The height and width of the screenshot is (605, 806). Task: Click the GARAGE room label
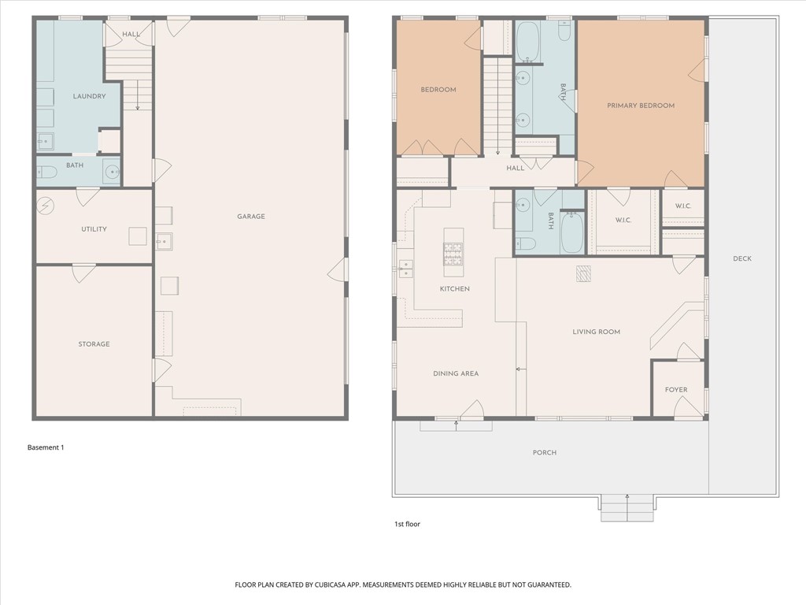tap(252, 217)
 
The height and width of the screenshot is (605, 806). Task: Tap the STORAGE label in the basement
tap(94, 344)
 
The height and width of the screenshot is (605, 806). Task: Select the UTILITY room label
tap(94, 229)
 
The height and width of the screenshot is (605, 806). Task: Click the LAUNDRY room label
tap(89, 97)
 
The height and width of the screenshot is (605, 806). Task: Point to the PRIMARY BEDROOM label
tap(640, 106)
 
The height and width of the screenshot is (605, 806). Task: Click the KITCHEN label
tap(454, 289)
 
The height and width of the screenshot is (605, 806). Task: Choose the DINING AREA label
tap(455, 373)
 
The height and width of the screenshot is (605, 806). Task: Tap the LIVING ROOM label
tap(596, 332)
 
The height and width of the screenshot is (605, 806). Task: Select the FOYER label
tap(676, 389)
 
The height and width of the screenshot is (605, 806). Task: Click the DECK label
tap(742, 258)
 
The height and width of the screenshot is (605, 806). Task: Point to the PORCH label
tap(544, 452)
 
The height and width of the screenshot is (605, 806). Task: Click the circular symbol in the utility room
tap(46, 206)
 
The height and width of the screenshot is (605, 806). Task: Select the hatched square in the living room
tap(583, 273)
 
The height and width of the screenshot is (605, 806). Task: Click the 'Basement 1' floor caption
tap(46, 447)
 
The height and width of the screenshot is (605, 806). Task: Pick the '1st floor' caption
tap(407, 524)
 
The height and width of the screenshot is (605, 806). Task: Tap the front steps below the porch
tap(627, 508)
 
